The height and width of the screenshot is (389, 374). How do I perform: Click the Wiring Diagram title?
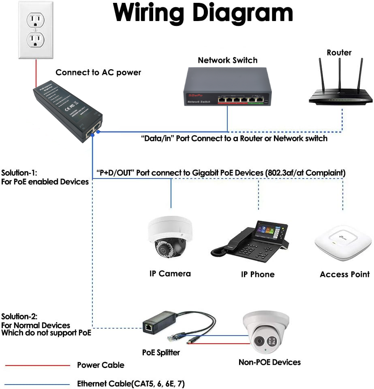click(x=203, y=13)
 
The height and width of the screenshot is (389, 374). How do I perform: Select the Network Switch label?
click(x=227, y=60)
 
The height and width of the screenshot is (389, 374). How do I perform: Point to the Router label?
click(x=339, y=53)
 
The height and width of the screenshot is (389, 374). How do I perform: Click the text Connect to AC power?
click(x=98, y=72)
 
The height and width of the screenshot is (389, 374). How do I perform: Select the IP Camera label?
click(x=170, y=273)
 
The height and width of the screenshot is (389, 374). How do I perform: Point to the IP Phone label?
click(x=258, y=274)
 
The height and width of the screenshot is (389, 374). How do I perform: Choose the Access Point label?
click(x=344, y=274)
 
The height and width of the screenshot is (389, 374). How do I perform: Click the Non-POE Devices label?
click(x=269, y=362)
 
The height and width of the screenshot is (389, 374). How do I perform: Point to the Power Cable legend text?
click(x=100, y=365)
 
